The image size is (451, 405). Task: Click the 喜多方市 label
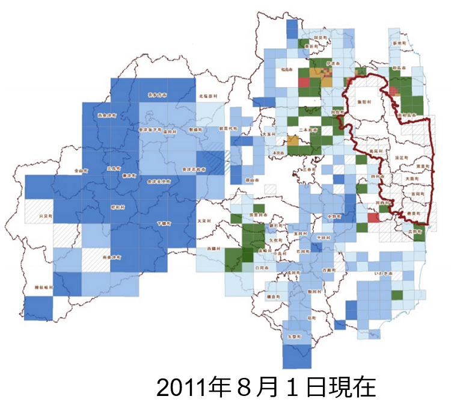[157, 95]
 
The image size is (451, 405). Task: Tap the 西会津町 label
[106, 115]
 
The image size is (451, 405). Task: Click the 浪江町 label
[402, 157]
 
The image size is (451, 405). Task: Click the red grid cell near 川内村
[373, 218]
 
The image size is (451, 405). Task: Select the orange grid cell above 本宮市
[292, 140]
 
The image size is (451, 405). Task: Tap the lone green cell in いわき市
[396, 295]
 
